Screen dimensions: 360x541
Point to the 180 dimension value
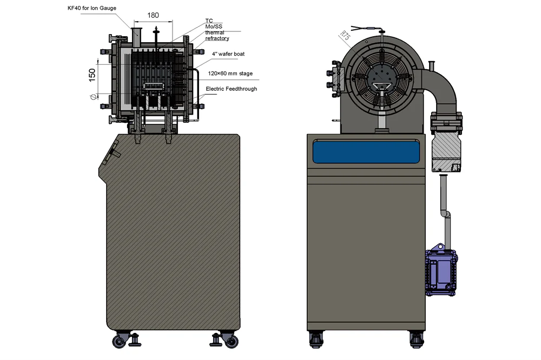[153, 15]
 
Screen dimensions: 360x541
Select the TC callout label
[209, 21]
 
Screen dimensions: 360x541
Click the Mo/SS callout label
[214, 27]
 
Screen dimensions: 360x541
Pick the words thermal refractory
[217, 36]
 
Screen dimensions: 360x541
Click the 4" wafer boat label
[228, 54]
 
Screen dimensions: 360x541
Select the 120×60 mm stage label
[230, 74]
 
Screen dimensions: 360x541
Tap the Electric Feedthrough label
[231, 89]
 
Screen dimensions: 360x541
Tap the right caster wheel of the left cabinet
[231, 341]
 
